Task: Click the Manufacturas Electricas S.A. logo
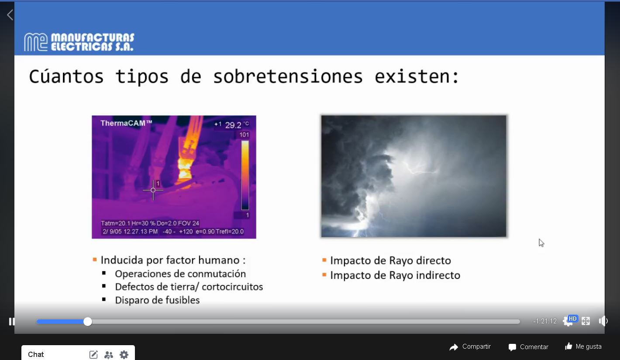(79, 42)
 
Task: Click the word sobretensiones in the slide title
(288, 77)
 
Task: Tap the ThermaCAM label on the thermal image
(126, 123)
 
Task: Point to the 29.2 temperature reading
(233, 125)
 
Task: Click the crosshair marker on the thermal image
(153, 190)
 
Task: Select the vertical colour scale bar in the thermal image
(245, 175)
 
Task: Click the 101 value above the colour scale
(244, 135)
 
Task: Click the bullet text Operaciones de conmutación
(180, 274)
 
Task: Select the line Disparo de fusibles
(157, 300)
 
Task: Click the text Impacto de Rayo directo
(390, 261)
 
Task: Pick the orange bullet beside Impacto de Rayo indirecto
(324, 275)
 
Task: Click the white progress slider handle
(88, 322)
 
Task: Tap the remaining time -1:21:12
(545, 321)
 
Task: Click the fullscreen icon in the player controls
(586, 321)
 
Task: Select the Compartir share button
(470, 347)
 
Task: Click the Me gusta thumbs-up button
(583, 346)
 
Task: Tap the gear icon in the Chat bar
(124, 354)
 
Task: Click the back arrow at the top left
(10, 15)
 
